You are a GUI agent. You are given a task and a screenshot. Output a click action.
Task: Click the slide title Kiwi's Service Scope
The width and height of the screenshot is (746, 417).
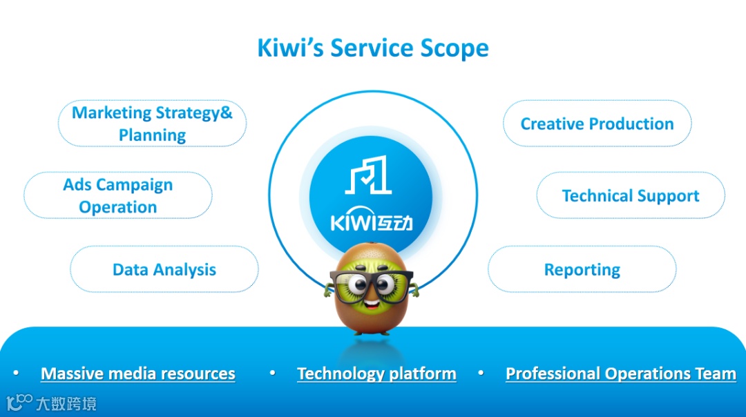click(373, 48)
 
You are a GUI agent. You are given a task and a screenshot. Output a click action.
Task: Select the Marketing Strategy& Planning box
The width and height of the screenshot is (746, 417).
click(152, 124)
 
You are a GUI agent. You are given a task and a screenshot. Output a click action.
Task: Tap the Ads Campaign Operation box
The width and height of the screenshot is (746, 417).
click(117, 195)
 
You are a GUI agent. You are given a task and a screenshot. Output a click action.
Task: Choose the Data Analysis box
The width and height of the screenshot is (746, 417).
click(164, 269)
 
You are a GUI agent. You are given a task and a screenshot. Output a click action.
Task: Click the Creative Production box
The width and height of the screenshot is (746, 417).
click(597, 124)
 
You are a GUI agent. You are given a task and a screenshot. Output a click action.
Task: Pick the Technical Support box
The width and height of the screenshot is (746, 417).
click(631, 195)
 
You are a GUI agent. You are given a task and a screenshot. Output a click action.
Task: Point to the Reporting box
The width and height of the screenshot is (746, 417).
click(582, 269)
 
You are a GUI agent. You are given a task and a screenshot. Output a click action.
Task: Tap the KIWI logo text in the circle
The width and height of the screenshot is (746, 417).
click(372, 222)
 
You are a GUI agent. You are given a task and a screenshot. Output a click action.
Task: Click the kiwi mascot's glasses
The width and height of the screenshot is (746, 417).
click(372, 283)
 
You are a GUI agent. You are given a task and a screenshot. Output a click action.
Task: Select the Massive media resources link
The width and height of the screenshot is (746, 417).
click(138, 374)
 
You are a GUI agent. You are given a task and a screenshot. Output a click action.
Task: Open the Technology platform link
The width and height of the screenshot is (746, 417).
click(376, 374)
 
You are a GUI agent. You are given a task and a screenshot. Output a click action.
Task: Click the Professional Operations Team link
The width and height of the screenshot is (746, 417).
click(620, 374)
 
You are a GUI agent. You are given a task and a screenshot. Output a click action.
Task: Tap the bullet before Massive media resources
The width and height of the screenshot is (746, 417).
click(15, 373)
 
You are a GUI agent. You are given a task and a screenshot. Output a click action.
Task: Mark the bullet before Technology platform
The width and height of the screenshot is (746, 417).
click(273, 373)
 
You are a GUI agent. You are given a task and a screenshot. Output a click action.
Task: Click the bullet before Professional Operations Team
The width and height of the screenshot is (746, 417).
click(481, 373)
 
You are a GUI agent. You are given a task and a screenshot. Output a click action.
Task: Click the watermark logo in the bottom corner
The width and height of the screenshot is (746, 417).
click(51, 403)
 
